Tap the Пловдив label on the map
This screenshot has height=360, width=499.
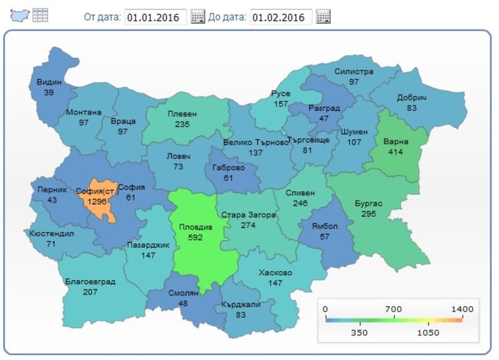coord(196,227)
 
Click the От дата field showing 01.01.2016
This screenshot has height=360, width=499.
coord(156,17)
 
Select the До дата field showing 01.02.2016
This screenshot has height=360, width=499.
coord(281,17)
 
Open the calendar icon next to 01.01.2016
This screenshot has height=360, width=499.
coord(198,17)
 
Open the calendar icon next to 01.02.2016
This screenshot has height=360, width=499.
coord(323,17)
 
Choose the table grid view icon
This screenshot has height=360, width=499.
coord(41,15)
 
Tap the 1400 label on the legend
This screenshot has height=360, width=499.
coord(462,309)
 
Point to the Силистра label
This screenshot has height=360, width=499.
coord(354,72)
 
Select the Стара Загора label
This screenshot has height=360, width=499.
coord(248,215)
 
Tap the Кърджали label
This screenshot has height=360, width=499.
coord(241,304)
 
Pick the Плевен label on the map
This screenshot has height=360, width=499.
coord(182,114)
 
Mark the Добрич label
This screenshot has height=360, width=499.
coord(412,97)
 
